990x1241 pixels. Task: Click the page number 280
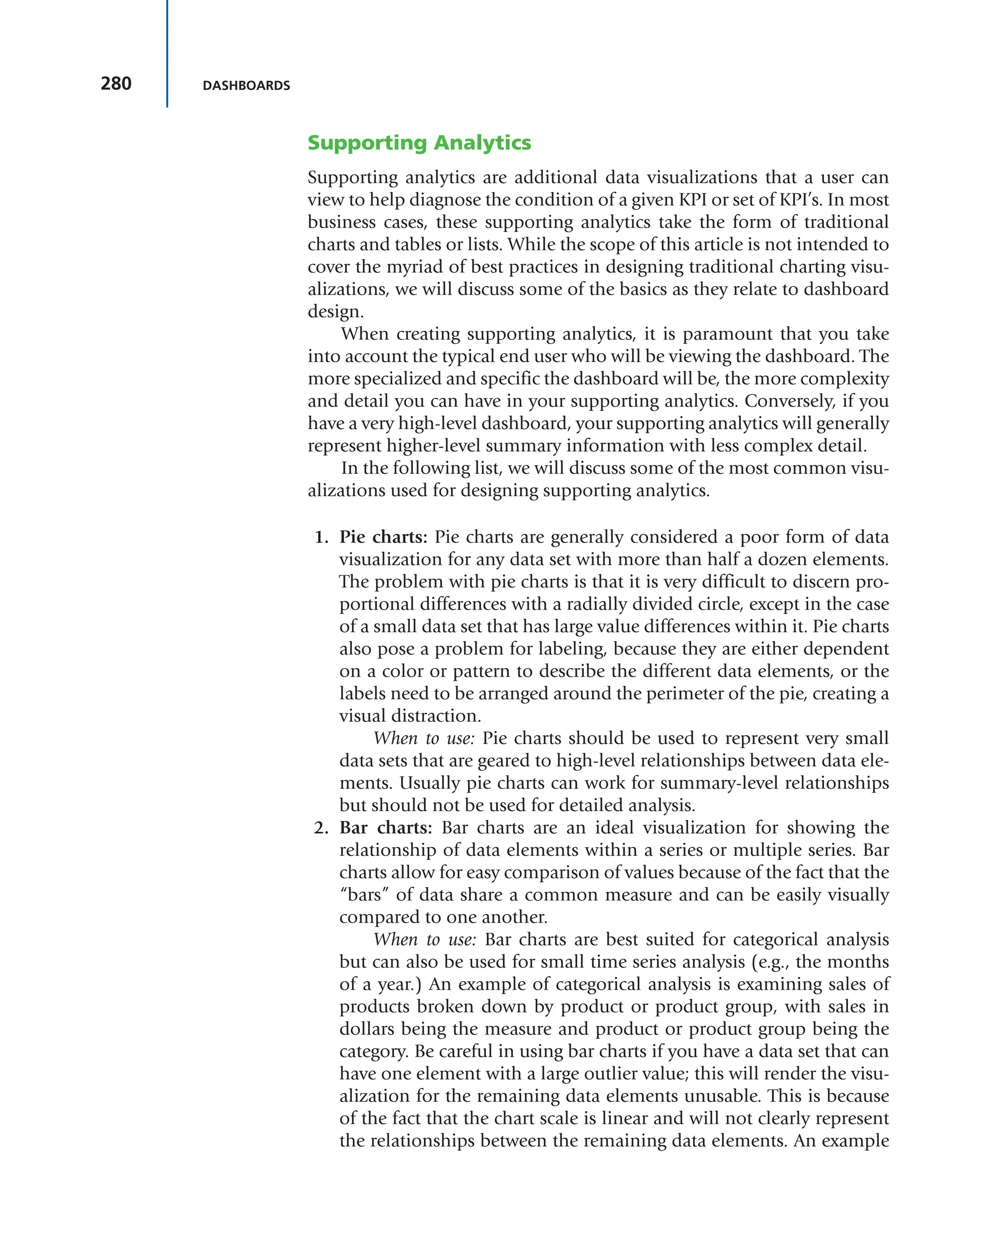pyautogui.click(x=116, y=84)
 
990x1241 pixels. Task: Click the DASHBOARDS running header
pyautogui.click(x=246, y=86)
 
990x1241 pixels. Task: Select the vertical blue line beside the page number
pyautogui.click(x=167, y=54)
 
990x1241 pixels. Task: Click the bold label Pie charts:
pyautogui.click(x=383, y=537)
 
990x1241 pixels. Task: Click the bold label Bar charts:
pyautogui.click(x=385, y=827)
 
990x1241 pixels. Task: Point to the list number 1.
pyautogui.click(x=321, y=537)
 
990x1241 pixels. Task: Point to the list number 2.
pyautogui.click(x=321, y=827)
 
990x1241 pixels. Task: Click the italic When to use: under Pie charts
pyautogui.click(x=424, y=738)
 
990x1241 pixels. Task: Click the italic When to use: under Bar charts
pyautogui.click(x=424, y=940)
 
